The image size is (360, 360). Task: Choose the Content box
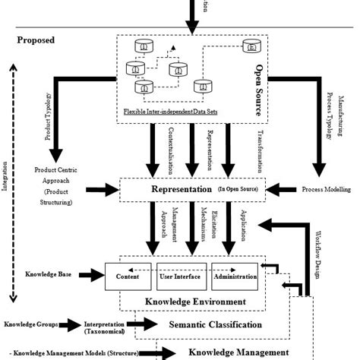[127, 276]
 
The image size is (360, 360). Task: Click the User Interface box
[179, 276]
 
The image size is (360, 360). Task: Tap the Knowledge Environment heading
[194, 302]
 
